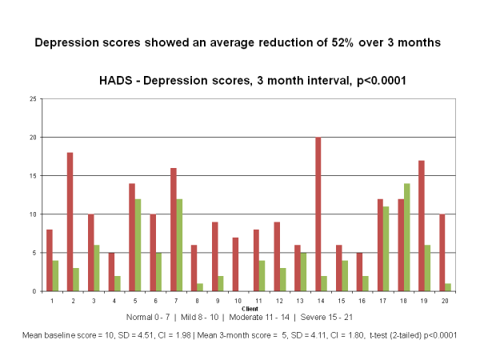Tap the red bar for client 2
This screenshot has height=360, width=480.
pyautogui.click(x=70, y=222)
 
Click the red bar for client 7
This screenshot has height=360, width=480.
pyautogui.click(x=174, y=230)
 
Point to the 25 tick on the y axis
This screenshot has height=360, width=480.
pyautogui.click(x=32, y=99)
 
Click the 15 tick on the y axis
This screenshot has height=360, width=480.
pyautogui.click(x=32, y=176)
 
